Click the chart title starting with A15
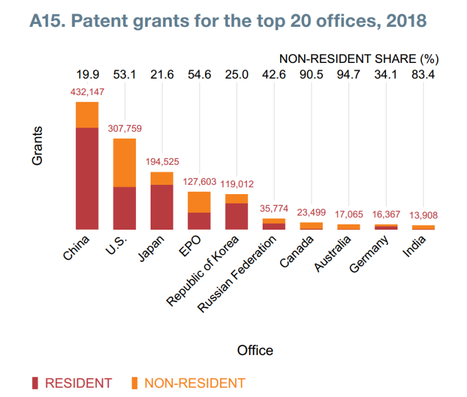(228, 22)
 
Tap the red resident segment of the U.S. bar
(124, 208)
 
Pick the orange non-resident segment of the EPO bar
(199, 202)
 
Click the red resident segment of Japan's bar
(162, 207)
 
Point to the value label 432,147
(87, 92)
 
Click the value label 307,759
(125, 129)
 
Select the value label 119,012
(237, 184)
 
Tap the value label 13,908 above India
(420, 215)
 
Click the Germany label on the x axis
(369, 255)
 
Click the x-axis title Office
(255, 350)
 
